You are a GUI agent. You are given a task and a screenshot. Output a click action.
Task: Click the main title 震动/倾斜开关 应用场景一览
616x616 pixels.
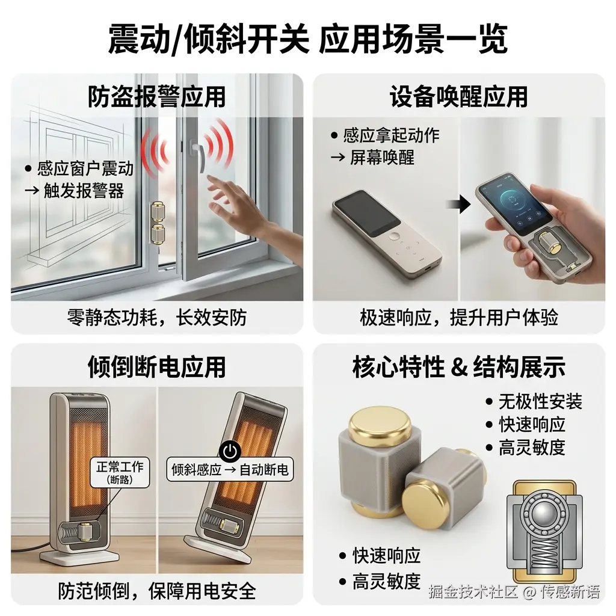[x=308, y=38]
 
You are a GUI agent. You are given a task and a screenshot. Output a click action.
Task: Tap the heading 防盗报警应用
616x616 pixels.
[x=156, y=97]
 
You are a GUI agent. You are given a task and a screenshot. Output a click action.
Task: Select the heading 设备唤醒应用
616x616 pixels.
[x=458, y=97]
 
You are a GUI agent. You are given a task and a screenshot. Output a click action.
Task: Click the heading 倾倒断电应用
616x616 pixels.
[x=156, y=366]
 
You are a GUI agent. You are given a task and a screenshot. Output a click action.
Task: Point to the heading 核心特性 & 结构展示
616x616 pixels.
[x=458, y=366]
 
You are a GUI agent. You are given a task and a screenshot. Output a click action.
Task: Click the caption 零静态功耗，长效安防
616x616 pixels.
[x=157, y=318]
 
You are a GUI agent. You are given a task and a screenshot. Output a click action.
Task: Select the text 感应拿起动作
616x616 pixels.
[x=391, y=135]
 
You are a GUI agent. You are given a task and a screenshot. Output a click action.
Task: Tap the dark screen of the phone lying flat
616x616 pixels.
[x=362, y=213]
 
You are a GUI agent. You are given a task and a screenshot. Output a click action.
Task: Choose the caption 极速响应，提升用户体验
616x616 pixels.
[x=459, y=318]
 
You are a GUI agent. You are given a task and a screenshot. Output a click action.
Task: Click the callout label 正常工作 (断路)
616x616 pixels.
[x=120, y=472]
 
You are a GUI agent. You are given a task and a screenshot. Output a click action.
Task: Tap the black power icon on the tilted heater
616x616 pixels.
[x=229, y=451]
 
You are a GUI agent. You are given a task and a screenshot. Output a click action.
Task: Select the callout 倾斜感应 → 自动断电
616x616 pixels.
[x=230, y=469]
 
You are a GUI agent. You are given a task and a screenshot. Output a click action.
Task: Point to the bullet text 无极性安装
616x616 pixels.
[x=540, y=401]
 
